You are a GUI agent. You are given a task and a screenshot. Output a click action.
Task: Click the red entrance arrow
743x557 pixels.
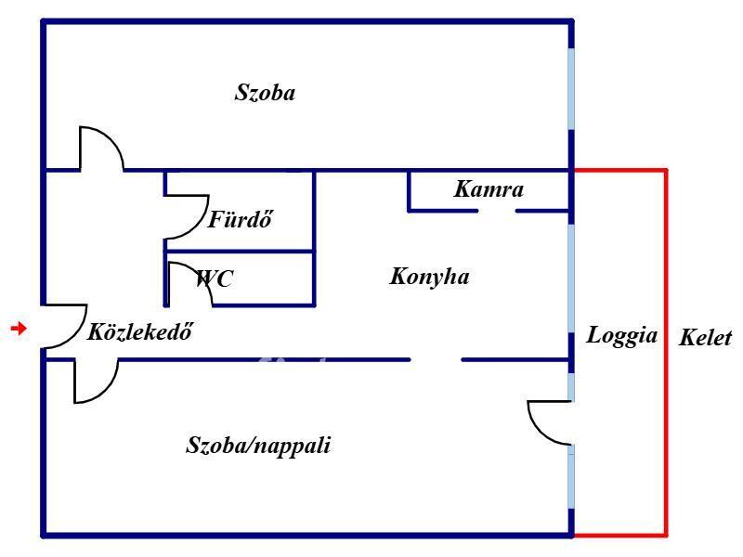pos(19,328)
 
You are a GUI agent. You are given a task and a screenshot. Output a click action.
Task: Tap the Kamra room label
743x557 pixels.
pos(489,189)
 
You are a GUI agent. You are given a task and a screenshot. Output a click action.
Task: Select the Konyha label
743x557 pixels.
pos(429,277)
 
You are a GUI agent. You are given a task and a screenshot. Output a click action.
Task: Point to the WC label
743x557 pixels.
pos(215,278)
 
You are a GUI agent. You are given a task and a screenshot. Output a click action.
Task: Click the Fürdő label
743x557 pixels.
pos(241,219)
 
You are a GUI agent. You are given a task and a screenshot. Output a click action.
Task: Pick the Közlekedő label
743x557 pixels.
pos(140,331)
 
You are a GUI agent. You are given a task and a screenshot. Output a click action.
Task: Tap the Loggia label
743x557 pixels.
pos(621,336)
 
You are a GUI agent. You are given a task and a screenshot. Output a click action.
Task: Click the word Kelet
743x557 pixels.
pos(705,338)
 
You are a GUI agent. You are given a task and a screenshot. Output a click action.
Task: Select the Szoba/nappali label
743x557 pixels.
pos(258,446)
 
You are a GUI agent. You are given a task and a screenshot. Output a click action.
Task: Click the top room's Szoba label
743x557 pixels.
pos(265,92)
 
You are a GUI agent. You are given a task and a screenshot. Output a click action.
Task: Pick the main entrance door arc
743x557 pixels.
pos(76,334)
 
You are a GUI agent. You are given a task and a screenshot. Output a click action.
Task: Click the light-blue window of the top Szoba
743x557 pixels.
pos(571,88)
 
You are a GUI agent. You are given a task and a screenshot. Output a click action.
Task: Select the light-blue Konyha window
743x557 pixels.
pos(571,278)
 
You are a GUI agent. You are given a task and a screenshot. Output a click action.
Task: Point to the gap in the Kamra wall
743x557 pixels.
pos(497,211)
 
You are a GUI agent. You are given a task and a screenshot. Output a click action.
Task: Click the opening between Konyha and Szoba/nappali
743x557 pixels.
pos(436,360)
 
